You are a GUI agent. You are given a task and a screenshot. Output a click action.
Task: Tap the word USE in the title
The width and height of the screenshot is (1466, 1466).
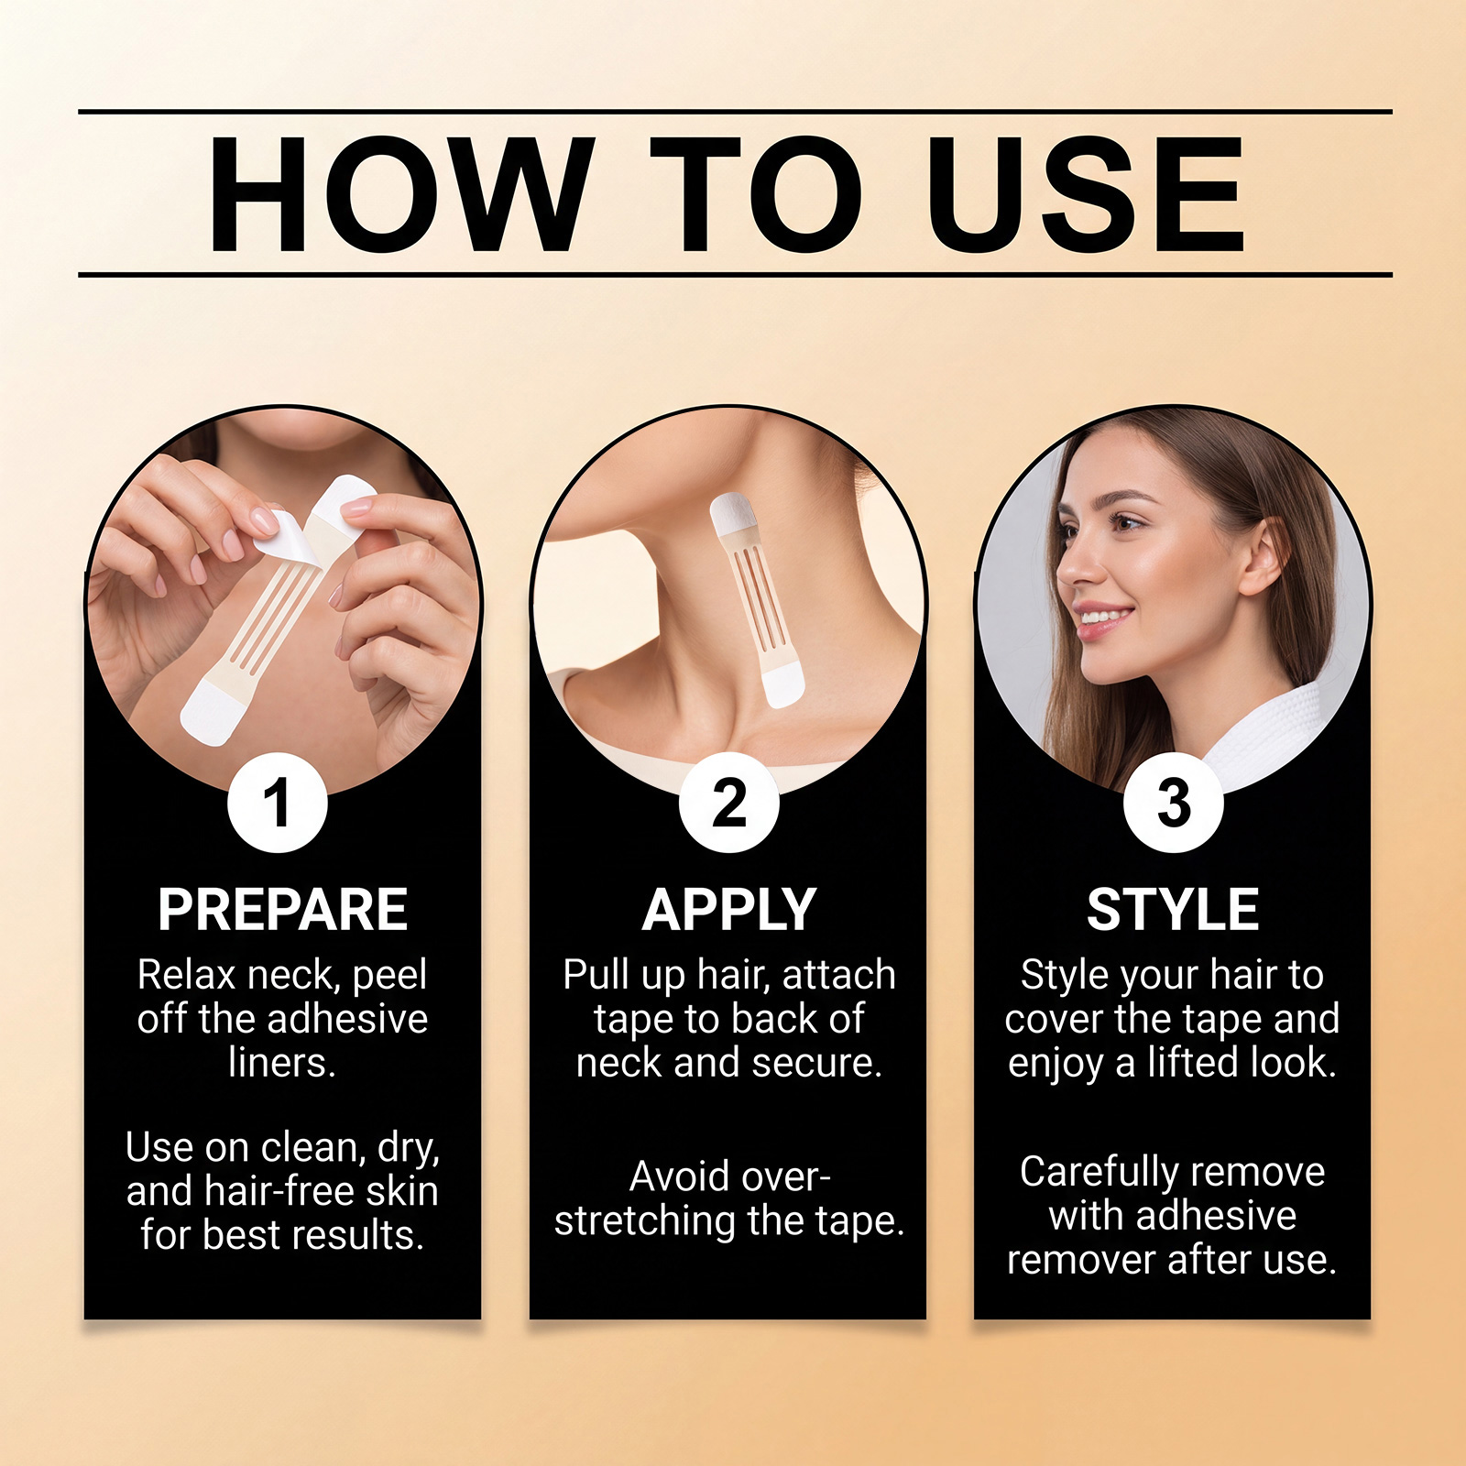(1085, 194)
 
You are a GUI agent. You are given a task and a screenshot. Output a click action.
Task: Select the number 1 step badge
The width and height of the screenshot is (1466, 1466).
(278, 803)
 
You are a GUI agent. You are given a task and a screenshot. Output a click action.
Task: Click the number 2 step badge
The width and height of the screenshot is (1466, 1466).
(729, 803)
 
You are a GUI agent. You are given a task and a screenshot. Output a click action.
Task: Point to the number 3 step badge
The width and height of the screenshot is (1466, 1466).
(1174, 803)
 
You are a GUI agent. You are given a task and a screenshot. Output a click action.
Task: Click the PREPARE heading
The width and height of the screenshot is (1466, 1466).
(282, 910)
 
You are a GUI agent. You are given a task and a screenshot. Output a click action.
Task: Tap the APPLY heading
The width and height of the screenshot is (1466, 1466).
(729, 910)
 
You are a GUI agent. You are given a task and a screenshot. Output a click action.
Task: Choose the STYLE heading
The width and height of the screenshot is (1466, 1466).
(1173, 910)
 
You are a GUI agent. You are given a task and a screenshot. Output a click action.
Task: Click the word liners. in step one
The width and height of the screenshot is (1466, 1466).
(282, 1063)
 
